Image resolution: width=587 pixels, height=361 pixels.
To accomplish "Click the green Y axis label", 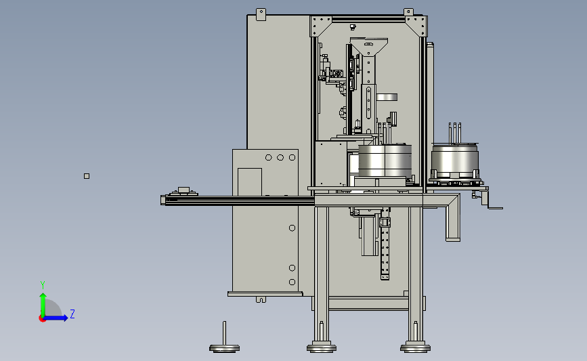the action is point(43,285).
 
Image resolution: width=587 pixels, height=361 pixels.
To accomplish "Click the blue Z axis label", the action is point(72,314).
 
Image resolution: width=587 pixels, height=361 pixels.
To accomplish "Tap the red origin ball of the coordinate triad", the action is point(42,319).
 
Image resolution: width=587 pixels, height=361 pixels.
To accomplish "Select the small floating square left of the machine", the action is point(87,176).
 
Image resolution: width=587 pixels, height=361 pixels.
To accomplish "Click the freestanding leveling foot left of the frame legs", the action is point(224,338).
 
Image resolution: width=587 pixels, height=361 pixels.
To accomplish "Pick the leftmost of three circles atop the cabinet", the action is point(268,158).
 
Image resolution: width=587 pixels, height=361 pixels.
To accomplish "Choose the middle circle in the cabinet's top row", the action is point(280,158).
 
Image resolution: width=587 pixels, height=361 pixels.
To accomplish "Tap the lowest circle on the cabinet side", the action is point(292,282).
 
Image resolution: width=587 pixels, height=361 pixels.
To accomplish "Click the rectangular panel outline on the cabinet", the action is point(250,182).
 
